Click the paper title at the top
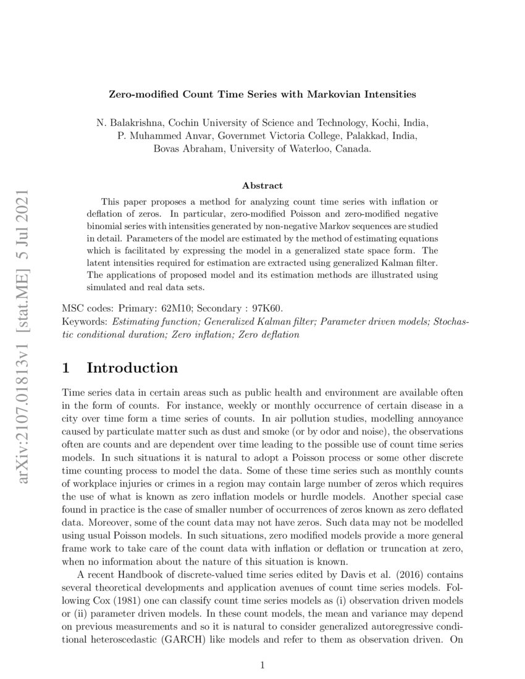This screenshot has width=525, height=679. coord(262,94)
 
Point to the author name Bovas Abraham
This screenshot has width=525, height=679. coord(188,149)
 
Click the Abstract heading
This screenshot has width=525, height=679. coord(262,185)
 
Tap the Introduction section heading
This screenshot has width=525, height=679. coord(132,368)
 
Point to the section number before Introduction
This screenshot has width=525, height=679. coord(67,368)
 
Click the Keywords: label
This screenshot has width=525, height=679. coord(85,322)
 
